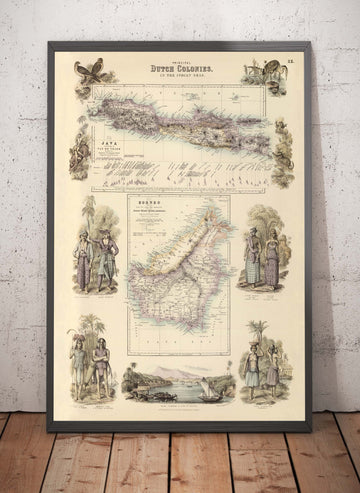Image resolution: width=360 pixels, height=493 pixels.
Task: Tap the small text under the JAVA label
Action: [101, 151]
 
